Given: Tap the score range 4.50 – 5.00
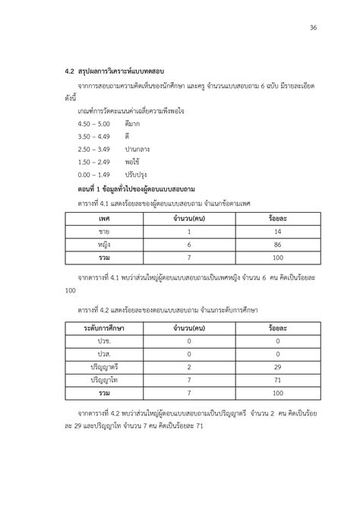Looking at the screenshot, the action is (x=94, y=123).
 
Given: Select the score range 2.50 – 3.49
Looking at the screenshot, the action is (x=94, y=149).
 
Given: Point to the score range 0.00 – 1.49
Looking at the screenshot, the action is (x=94, y=174).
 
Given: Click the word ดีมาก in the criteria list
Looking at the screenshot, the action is (x=133, y=123).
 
